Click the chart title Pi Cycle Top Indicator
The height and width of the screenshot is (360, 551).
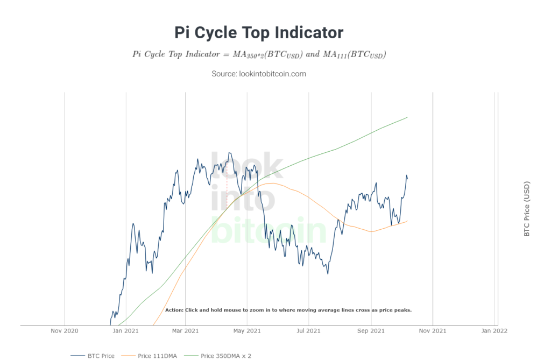click(259, 32)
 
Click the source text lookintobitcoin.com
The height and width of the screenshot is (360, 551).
click(259, 74)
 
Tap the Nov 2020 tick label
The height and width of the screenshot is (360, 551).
click(64, 331)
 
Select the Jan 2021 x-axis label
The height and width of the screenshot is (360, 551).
click(125, 331)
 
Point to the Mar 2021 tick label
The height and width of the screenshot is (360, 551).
click(185, 331)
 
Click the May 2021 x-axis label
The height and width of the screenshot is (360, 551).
click(246, 331)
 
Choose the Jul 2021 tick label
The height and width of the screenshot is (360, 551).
click(308, 331)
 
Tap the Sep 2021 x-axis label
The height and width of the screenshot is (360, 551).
click(370, 331)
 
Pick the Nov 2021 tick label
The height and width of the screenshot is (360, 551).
click(432, 331)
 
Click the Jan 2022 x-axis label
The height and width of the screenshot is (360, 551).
click(494, 331)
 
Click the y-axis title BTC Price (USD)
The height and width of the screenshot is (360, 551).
click(527, 209)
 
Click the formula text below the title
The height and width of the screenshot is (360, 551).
click(259, 55)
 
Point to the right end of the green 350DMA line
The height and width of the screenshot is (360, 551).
click(407, 117)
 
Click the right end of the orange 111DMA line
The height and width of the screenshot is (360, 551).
click(407, 221)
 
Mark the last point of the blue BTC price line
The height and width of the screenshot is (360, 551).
click(407, 179)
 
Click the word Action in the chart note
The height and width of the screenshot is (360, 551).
click(174, 310)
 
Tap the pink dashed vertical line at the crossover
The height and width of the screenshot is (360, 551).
click(227, 183)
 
